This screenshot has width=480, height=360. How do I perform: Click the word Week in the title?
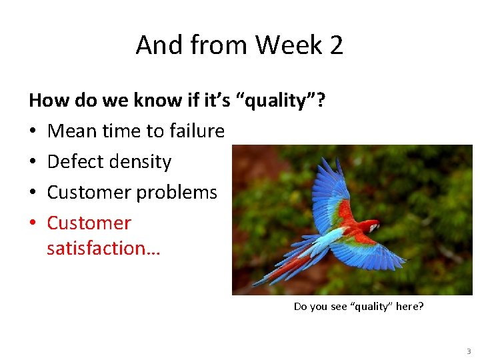287,45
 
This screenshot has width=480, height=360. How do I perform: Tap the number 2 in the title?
336,45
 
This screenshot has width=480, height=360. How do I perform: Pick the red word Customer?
89,223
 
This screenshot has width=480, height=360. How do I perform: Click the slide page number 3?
469,351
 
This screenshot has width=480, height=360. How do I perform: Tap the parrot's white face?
373,228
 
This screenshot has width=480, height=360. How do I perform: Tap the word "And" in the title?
158,45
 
